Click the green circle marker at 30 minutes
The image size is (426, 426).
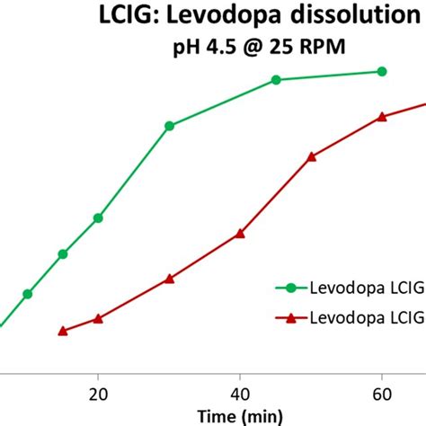tap(169, 126)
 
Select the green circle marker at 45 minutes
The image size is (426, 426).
tap(276, 80)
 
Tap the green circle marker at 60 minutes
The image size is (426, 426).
tap(382, 71)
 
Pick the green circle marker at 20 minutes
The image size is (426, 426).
tap(98, 217)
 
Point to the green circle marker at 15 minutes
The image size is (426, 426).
tap(63, 254)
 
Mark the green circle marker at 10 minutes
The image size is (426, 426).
tap(28, 294)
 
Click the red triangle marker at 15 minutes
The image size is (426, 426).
tap(63, 331)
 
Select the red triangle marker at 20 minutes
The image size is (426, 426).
tap(98, 318)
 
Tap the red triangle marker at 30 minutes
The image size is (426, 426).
tap(169, 279)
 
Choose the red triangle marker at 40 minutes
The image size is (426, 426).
tap(240, 234)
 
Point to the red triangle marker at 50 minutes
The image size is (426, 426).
tap(311, 156)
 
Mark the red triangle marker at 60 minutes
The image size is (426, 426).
tap(382, 116)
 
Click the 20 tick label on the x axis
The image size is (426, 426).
tap(98, 393)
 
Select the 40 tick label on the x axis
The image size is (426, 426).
tap(240, 393)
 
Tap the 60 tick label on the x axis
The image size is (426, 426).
tap(382, 393)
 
